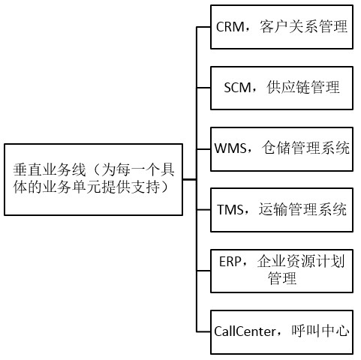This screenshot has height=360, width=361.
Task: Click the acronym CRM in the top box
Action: pyautogui.click(x=229, y=28)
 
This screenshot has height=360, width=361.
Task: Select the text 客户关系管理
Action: pyautogui.click(x=304, y=28)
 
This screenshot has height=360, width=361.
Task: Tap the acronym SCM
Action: pyautogui.click(x=238, y=88)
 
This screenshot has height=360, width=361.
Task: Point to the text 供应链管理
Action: pyautogui.click(x=304, y=88)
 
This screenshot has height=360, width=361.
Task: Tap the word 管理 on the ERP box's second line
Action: pyautogui.click(x=282, y=279)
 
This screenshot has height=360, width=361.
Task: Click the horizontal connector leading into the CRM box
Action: pyautogui.click(x=203, y=28)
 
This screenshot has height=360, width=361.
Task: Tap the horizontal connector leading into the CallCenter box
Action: pyautogui.click(x=203, y=330)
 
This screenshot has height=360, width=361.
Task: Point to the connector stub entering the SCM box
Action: pyautogui.click(x=203, y=88)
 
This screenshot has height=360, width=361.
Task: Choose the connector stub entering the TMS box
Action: pyautogui.click(x=203, y=208)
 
